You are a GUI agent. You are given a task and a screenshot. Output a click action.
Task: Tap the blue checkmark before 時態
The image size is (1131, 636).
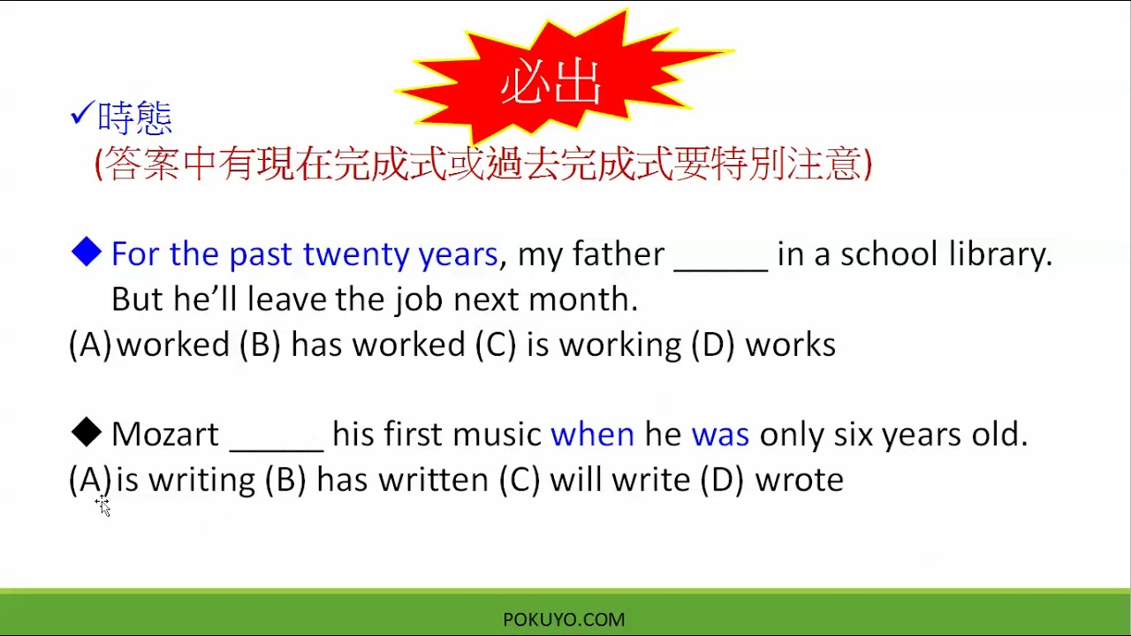(81, 114)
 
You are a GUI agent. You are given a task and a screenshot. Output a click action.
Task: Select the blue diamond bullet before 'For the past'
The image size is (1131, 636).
(87, 254)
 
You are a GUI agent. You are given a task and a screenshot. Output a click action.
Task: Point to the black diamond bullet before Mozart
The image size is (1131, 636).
(87, 433)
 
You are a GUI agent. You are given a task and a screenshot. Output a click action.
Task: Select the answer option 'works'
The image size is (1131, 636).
(790, 344)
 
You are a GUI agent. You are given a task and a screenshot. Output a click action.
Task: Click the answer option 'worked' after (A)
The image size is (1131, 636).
(172, 344)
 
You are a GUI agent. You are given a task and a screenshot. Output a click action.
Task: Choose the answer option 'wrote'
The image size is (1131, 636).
(799, 480)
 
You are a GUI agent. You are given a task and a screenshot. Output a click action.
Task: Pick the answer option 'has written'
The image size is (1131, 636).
(402, 480)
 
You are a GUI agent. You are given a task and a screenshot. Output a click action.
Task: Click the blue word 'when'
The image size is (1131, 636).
(592, 435)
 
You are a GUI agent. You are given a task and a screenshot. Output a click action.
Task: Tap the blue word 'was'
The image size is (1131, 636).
(720, 435)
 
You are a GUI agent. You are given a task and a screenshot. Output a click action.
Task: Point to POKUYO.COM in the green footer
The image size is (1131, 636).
(564, 620)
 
